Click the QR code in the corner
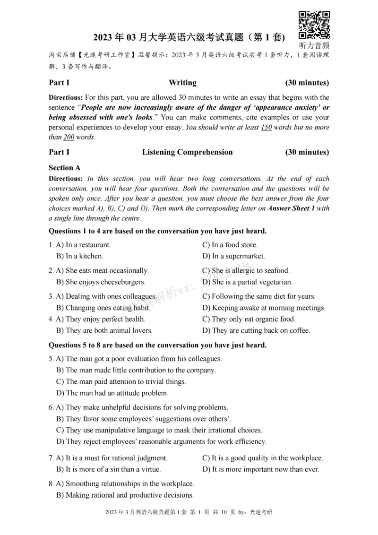click(314, 24)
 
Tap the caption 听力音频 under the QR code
click(314, 46)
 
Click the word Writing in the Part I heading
click(182, 83)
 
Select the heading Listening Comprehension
click(187, 152)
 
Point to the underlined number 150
click(266, 128)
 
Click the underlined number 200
click(69, 138)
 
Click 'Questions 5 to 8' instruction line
click(157, 345)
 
